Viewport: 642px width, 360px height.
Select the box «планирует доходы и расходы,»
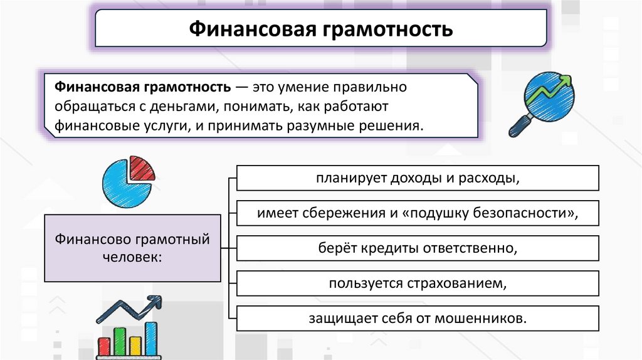pyautogui.click(x=418, y=178)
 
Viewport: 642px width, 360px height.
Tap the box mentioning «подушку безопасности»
pyautogui.click(x=418, y=213)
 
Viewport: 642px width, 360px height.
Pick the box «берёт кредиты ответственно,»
pyautogui.click(x=418, y=248)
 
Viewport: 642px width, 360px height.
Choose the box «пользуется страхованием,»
pyautogui.click(x=418, y=283)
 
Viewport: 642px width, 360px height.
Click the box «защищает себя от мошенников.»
pyautogui.click(x=418, y=318)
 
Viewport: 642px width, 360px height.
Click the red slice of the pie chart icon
pyautogui.click(x=143, y=167)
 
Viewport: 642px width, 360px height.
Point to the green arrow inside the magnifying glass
pyautogui.click(x=552, y=87)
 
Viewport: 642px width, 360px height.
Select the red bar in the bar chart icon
pyautogui.click(x=104, y=345)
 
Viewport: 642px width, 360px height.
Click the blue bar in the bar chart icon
pyautogui.click(x=151, y=338)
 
